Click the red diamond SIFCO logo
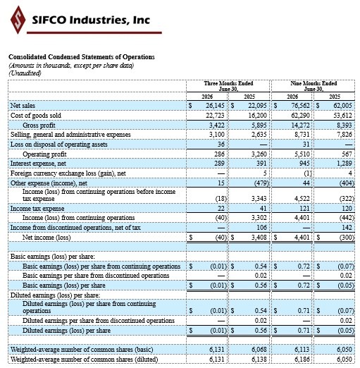(18, 20)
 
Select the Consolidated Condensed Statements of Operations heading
(82, 57)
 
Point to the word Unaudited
(25, 73)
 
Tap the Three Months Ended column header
(228, 86)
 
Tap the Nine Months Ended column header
(314, 86)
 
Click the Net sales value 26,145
(215, 106)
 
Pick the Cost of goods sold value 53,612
(343, 116)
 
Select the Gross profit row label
(39, 125)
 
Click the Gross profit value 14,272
(300, 125)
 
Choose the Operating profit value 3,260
(259, 154)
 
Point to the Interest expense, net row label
(38, 164)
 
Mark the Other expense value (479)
(261, 183)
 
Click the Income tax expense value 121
(305, 209)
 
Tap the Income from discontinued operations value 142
(347, 228)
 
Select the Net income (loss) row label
(46, 238)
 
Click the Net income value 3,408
(259, 238)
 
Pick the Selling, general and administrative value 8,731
(302, 135)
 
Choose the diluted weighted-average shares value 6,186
(302, 360)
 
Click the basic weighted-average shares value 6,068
(259, 350)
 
